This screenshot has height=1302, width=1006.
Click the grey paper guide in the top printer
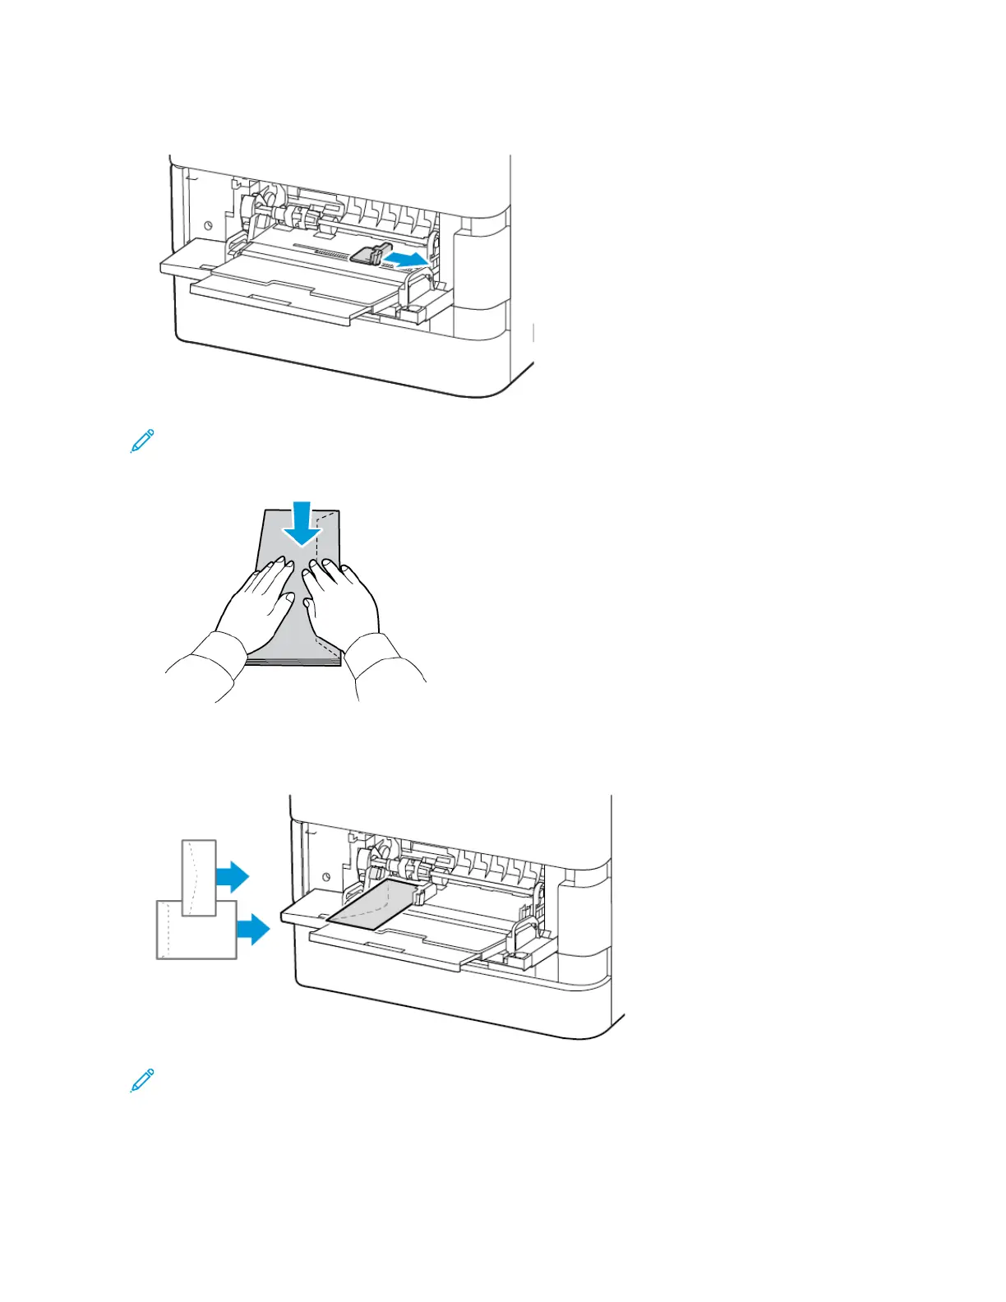(x=367, y=254)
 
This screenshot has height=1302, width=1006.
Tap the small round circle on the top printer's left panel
(x=207, y=224)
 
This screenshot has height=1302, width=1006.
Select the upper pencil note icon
(x=142, y=441)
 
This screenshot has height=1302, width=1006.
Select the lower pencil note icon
(x=142, y=1080)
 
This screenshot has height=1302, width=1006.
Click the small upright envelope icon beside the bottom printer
(x=199, y=878)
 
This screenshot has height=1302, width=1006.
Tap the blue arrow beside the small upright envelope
(x=233, y=876)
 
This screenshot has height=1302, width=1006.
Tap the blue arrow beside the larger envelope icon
(x=253, y=929)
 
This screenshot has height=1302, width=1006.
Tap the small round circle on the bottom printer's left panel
(x=327, y=876)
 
